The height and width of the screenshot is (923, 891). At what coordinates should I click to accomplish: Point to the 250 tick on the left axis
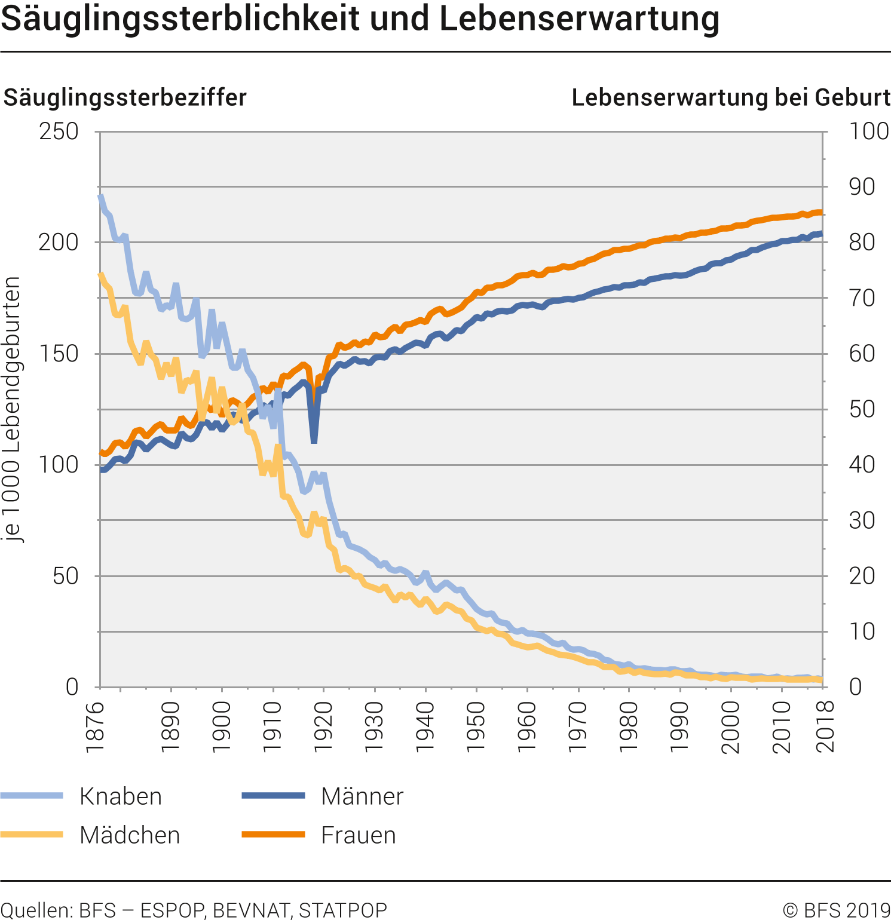[x=59, y=131]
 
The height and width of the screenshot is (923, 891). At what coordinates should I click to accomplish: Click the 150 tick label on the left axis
[x=59, y=354]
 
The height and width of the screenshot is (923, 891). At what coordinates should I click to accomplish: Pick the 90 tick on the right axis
[x=862, y=187]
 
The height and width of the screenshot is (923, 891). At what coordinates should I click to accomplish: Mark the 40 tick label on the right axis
[x=862, y=465]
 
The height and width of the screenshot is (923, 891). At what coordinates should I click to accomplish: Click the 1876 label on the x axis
[x=96, y=726]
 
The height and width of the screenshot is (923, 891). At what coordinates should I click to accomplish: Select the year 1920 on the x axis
[x=323, y=726]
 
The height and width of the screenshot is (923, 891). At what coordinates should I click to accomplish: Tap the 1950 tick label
[x=476, y=726]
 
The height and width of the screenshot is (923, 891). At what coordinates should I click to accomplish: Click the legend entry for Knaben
[x=121, y=797]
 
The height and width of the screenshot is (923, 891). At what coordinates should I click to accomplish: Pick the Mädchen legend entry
[x=130, y=835]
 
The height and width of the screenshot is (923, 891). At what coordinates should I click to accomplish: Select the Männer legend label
[x=362, y=797]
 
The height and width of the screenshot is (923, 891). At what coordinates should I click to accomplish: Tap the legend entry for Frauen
[x=359, y=835]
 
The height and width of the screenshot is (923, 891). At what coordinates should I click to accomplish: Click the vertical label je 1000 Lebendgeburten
[x=12, y=409]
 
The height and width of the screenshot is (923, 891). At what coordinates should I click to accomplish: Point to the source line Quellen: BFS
[x=194, y=910]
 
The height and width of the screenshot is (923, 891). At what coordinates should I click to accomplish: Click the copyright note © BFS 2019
[x=836, y=910]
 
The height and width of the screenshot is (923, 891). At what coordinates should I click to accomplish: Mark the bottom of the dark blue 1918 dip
[x=314, y=441]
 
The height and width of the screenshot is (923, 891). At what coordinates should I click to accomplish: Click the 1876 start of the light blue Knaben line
[x=100, y=197]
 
